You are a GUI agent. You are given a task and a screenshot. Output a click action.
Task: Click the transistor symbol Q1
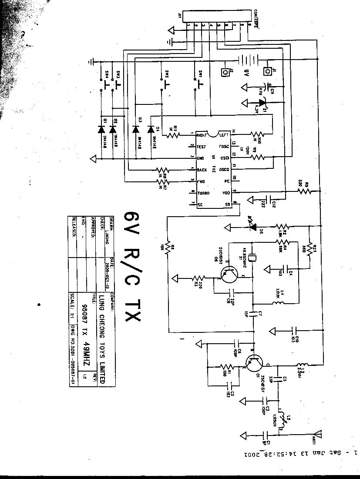[253, 362]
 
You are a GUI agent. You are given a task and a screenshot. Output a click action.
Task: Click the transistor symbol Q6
[230, 276]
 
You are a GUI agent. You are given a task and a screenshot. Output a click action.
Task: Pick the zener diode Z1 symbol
[261, 103]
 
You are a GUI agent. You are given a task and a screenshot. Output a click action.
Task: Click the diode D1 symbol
[102, 129]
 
